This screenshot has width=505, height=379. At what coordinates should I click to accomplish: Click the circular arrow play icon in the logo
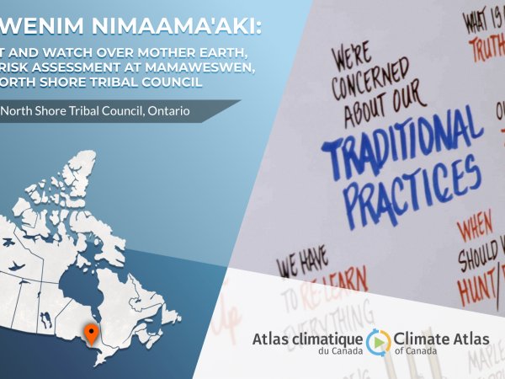click(x=380, y=340)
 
